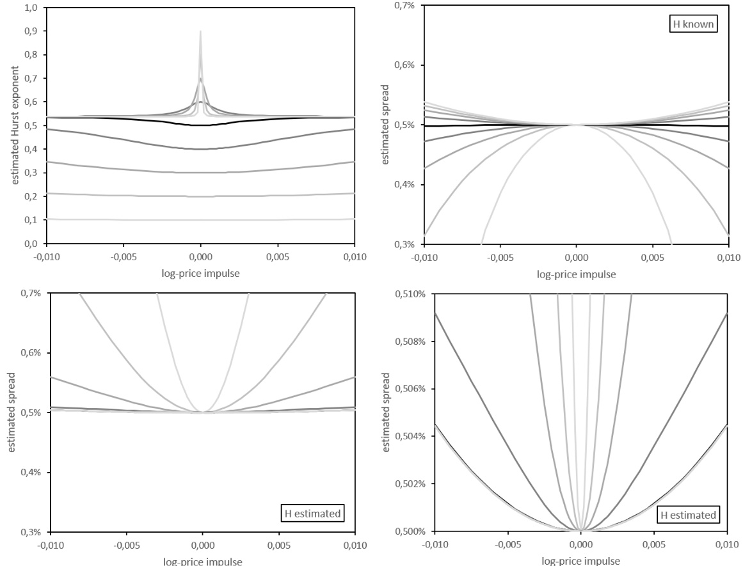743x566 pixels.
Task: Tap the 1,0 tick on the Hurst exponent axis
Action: [x=30, y=8]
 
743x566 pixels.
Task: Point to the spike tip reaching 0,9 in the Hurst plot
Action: [x=200, y=31]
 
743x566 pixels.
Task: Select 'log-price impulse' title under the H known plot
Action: [x=576, y=274]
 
